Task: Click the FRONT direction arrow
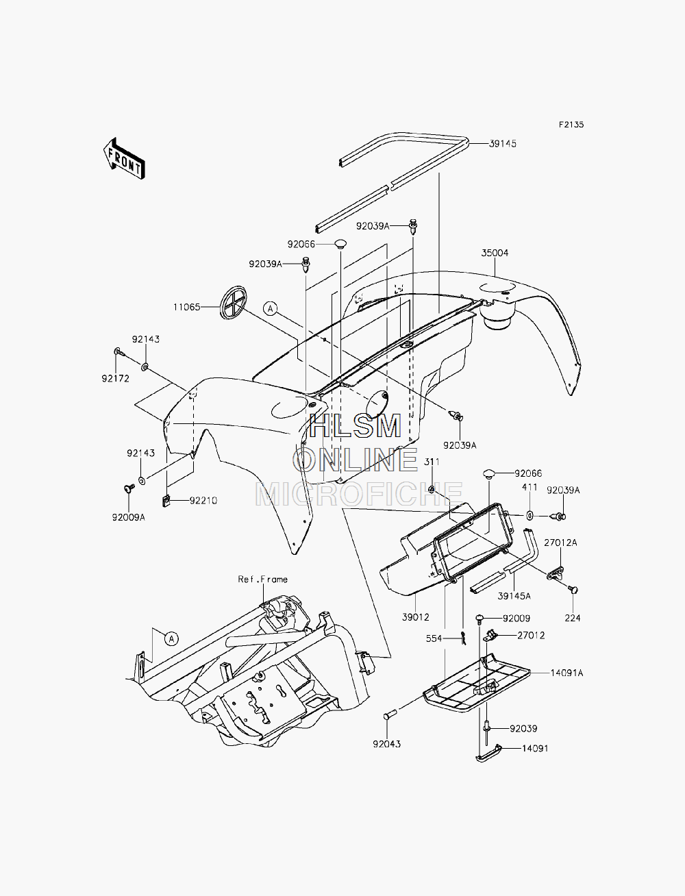pos(124,158)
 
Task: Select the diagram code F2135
pos(571,125)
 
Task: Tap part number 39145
pos(503,144)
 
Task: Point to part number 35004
pos(495,253)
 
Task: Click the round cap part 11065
pos(233,302)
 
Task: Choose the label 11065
pos(186,307)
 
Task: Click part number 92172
pos(116,379)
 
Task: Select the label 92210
pos(203,501)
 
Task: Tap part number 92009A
pos(129,518)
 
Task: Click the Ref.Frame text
pos(263,580)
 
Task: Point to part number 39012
pos(416,617)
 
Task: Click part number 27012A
pos(560,543)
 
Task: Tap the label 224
pos(573,618)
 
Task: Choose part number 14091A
pos(566,673)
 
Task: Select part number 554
pos(434,638)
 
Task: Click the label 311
pos(432,462)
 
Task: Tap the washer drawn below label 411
pos(530,515)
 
